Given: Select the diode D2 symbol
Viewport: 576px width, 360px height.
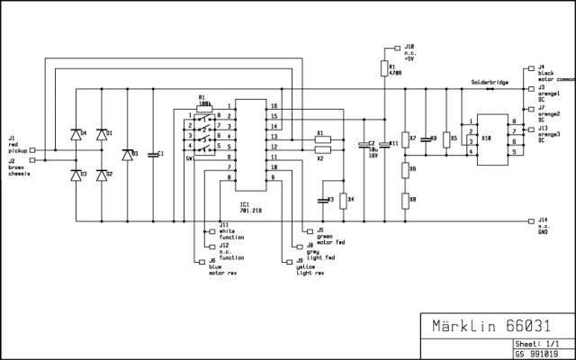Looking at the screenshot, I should click(x=100, y=174).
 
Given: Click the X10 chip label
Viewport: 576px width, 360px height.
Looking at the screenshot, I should click(x=487, y=139).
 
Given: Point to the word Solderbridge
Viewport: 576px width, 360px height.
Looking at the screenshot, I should click(x=489, y=83).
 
